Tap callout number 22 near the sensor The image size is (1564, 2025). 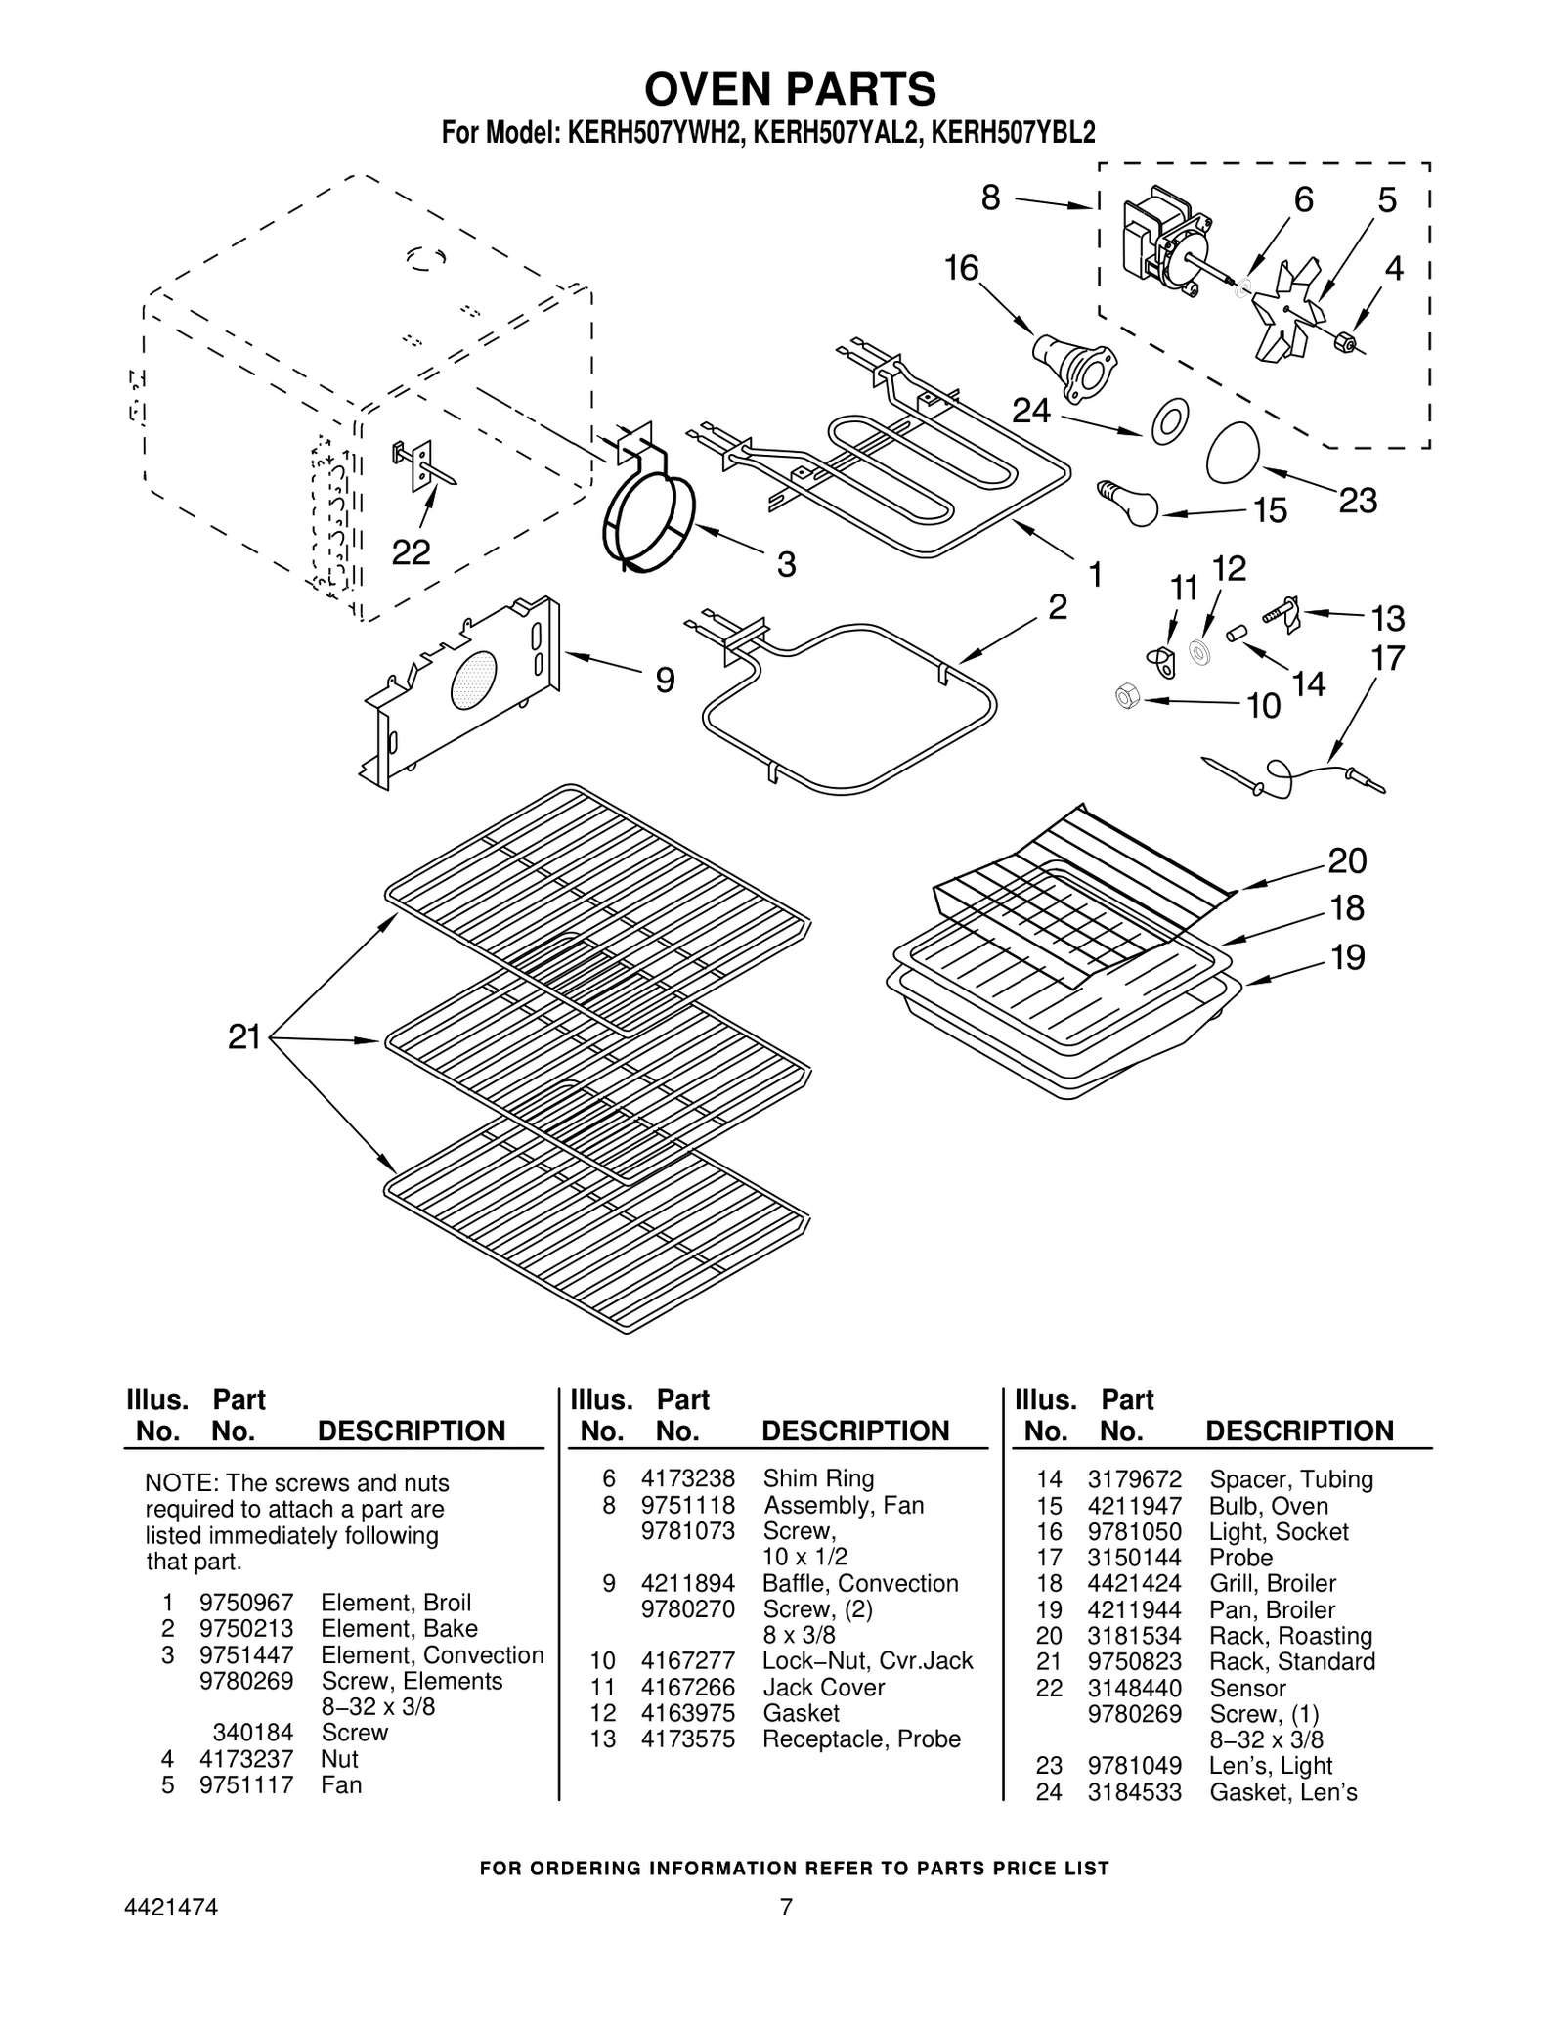point(411,553)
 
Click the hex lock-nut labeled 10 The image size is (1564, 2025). point(1127,697)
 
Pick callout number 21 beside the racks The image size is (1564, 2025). point(244,1036)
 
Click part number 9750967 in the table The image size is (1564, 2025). point(245,1603)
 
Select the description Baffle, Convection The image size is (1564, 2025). point(860,1583)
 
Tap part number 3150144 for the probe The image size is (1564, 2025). point(1134,1558)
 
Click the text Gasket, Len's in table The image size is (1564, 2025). point(1282,1792)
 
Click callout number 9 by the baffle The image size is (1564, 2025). point(665,680)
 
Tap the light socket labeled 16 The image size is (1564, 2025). point(1072,365)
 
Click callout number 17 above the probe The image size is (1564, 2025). point(1387,658)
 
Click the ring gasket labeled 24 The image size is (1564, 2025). point(1170,419)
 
